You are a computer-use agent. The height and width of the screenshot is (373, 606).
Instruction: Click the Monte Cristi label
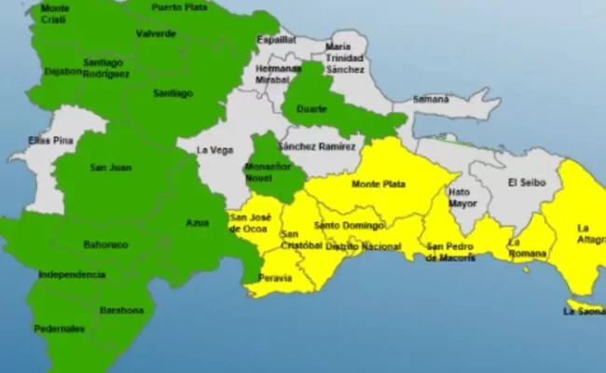pos(56,13)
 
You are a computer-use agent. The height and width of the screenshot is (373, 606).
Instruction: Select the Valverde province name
pos(156,34)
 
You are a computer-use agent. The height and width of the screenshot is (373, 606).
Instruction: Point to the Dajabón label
pos(62,71)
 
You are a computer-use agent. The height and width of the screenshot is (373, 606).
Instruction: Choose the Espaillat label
pos(276,41)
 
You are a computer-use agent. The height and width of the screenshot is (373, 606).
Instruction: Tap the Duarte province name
pos(312,109)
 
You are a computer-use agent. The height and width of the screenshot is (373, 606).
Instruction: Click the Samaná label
pos(431,98)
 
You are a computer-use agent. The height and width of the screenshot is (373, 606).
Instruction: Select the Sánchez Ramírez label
pos(316,147)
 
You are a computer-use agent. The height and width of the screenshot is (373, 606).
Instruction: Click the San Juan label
pos(110,168)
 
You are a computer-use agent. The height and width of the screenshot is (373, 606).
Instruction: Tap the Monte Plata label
pos(378,185)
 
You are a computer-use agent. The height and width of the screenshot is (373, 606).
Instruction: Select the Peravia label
pos(276,278)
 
